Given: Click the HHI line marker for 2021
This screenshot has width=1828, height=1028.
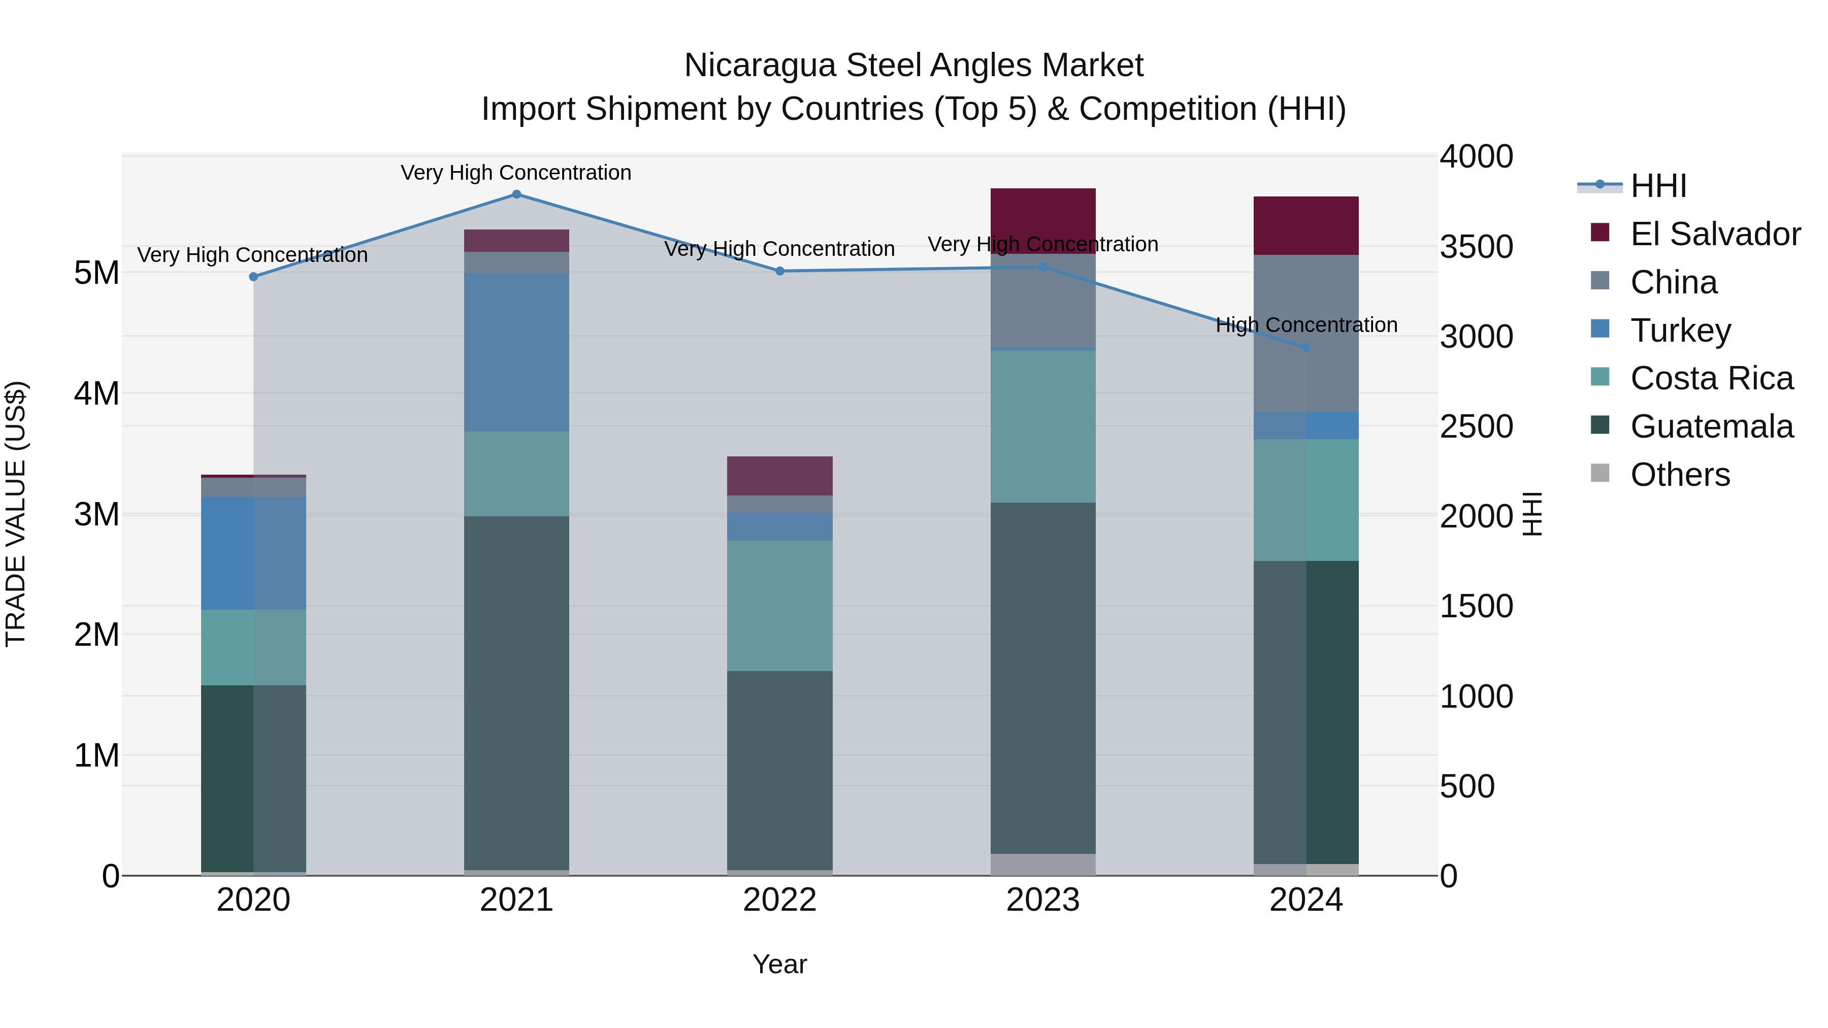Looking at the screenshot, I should (516, 194).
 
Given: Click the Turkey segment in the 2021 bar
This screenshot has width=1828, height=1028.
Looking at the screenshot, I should (516, 353).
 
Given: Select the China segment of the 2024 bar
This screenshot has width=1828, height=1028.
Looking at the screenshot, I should (1305, 334).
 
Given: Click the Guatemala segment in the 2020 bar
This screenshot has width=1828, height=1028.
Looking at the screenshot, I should (253, 778).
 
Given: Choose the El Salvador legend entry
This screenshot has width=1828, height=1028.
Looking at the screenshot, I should (1714, 234).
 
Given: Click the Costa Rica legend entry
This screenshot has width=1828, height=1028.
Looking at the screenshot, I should (1711, 378).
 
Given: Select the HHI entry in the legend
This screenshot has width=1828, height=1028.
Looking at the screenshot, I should (1658, 186).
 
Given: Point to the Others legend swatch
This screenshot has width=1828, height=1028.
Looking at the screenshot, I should (1600, 473).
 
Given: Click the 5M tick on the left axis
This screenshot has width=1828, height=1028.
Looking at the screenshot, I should (96, 273).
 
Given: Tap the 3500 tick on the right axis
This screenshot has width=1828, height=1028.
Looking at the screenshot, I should (1476, 247).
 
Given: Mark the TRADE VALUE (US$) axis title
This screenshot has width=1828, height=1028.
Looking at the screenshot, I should (16, 514).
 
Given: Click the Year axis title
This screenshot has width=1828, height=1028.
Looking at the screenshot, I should (779, 964).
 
